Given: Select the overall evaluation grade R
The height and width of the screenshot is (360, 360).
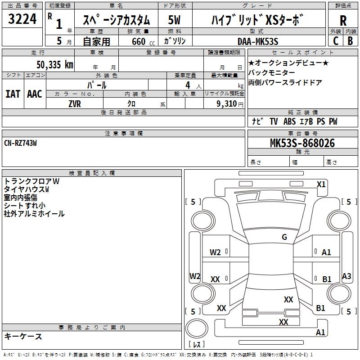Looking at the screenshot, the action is click(x=343, y=21).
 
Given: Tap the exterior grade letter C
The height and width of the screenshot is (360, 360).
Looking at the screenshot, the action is click(x=336, y=40).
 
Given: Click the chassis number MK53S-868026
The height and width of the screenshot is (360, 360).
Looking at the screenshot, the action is click(x=302, y=143).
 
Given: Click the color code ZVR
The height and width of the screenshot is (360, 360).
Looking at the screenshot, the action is click(x=75, y=103).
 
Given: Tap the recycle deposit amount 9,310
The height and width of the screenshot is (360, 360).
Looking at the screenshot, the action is click(x=223, y=103).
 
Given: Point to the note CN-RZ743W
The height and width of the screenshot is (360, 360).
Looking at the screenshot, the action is click(x=20, y=143).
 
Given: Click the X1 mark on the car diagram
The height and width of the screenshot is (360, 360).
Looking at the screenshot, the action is click(x=321, y=184).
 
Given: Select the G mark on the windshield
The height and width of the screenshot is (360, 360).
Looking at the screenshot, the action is click(x=284, y=237).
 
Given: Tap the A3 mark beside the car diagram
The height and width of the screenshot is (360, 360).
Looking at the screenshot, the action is click(x=346, y=276).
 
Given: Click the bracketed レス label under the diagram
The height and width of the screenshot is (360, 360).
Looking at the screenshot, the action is click(x=196, y=345).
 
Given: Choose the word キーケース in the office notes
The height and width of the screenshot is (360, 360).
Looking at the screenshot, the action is click(x=23, y=336).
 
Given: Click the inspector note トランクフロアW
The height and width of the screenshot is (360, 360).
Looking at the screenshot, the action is click(x=31, y=181).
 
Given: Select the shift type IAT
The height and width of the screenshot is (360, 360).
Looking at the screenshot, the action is click(x=13, y=94).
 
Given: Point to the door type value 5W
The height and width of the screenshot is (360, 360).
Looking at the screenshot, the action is click(x=175, y=20).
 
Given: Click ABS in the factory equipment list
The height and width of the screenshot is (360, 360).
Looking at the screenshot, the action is click(x=289, y=121).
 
